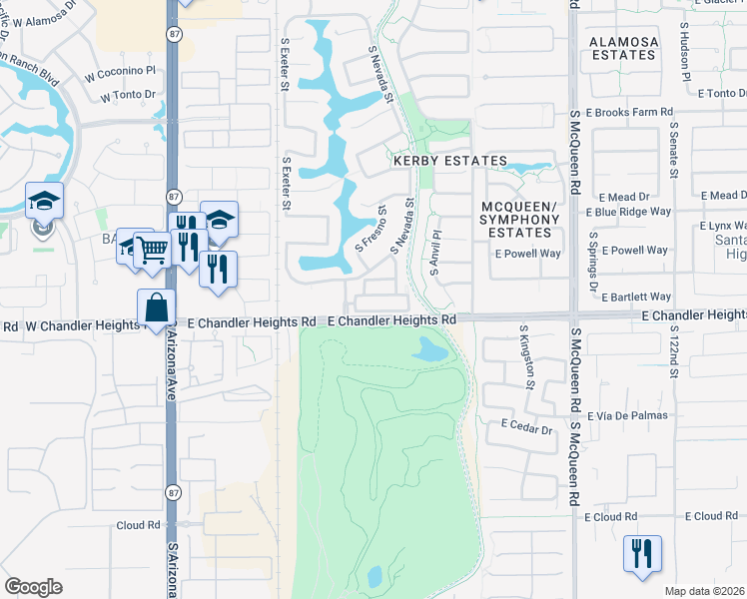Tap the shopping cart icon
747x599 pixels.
click(x=152, y=250)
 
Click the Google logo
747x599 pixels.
click(x=33, y=587)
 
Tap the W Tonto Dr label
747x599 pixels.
click(x=130, y=96)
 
